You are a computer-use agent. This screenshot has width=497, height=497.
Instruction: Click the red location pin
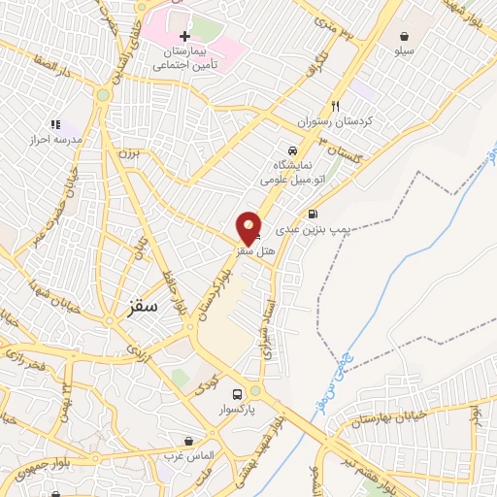(249, 229)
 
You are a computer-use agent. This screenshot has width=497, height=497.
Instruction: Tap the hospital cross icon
(184, 36)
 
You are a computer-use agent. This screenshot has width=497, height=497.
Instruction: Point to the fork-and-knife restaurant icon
(336, 106)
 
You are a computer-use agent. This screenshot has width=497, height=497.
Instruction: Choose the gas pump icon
(313, 215)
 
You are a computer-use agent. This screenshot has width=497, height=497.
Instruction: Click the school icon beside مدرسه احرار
(55, 124)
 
